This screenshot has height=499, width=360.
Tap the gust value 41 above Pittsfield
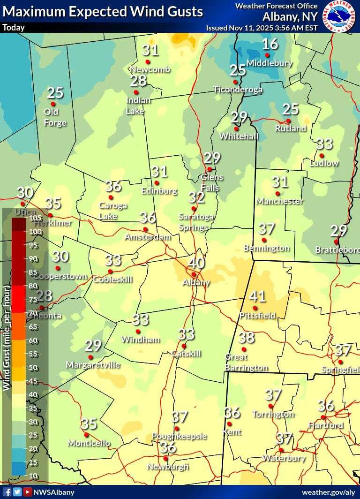coord(257,296)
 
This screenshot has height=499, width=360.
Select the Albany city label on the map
coord(196,282)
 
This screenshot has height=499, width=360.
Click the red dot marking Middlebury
coord(267,55)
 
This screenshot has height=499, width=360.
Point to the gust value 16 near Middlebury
coord(270,45)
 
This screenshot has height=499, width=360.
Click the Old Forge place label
coord(55,117)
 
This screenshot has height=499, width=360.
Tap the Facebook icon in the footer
coord(7,492)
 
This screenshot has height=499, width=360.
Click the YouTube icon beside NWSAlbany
coord(28,492)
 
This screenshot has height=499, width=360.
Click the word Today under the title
coord(14,27)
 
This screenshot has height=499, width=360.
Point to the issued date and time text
coord(262,28)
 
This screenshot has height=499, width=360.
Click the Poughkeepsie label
coord(179,436)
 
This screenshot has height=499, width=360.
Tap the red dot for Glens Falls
coord(210,169)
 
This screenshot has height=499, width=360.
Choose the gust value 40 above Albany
coord(196,263)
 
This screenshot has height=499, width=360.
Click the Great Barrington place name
coord(246,362)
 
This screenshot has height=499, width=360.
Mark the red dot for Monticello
coord(86,435)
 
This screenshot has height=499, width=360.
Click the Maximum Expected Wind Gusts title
coord(103,11)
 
